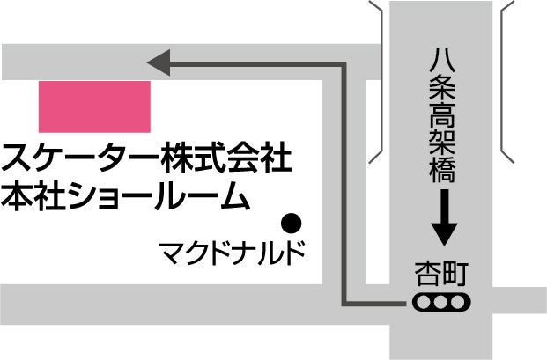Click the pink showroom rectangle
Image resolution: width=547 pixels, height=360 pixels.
(x=94, y=106)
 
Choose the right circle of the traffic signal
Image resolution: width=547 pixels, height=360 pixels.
(x=458, y=303)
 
